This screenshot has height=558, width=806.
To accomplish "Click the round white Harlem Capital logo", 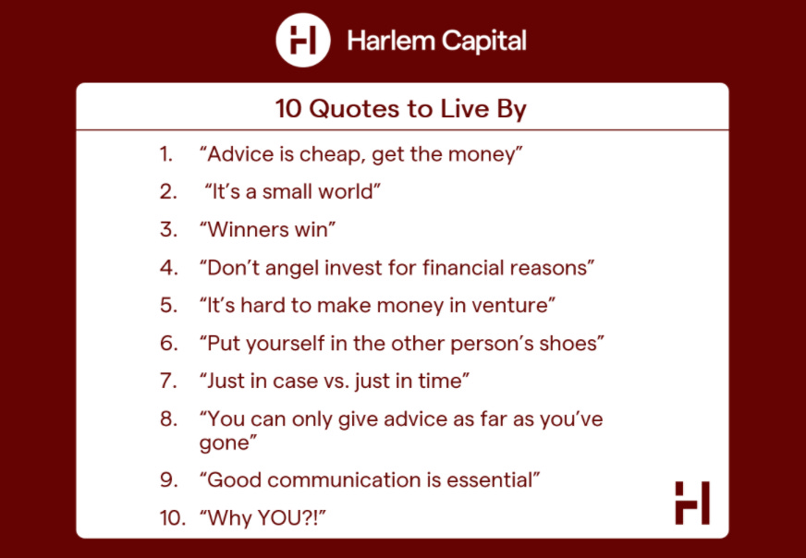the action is (303, 40).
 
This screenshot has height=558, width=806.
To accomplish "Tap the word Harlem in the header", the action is (390, 41).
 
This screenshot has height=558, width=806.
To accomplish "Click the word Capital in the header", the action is (483, 41).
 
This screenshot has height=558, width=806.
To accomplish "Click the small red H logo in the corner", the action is (692, 503).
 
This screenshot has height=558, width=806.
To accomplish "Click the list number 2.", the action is (168, 191).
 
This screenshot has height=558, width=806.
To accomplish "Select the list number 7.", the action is (168, 382).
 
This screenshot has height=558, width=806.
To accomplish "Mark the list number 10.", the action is (172, 518).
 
